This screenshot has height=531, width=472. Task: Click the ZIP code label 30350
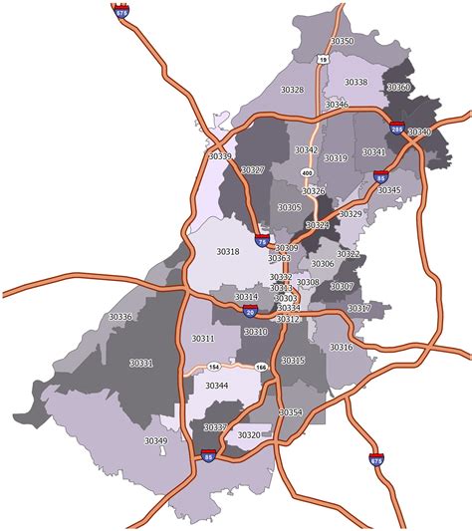click(x=342, y=41)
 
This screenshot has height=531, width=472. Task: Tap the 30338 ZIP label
click(x=355, y=82)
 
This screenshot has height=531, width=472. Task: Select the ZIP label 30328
click(x=292, y=90)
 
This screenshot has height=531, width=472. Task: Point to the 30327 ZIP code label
click(x=253, y=170)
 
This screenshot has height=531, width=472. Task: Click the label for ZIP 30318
click(x=227, y=252)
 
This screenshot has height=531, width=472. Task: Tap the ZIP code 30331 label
click(x=141, y=364)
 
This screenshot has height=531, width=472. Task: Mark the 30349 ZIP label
click(x=155, y=440)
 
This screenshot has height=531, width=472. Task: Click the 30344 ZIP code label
click(x=216, y=385)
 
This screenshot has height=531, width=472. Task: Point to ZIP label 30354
click(x=290, y=411)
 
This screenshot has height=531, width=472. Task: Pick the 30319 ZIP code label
click(x=336, y=158)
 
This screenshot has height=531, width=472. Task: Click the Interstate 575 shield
click(x=121, y=14)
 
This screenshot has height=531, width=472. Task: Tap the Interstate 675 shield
click(x=375, y=460)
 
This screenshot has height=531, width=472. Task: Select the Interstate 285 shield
click(x=396, y=130)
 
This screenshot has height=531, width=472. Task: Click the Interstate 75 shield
click(x=262, y=239)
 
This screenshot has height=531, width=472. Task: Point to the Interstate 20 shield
click(x=250, y=312)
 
